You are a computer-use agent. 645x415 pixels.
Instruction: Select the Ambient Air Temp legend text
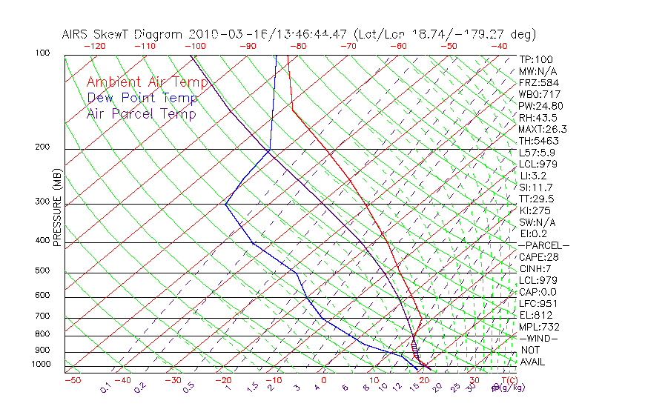coord(147,82)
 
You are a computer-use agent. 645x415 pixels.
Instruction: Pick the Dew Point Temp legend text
coord(142,98)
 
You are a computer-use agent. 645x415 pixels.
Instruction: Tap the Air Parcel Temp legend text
coord(141,114)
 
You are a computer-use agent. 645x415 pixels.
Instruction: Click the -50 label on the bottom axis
coord(72,381)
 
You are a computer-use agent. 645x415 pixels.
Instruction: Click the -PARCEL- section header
coord(543,245)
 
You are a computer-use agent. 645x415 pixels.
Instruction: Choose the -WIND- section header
coord(539,338)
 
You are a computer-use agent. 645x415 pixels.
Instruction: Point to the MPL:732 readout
coord(539,327)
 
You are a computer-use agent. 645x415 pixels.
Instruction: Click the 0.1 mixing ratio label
coord(105,388)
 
